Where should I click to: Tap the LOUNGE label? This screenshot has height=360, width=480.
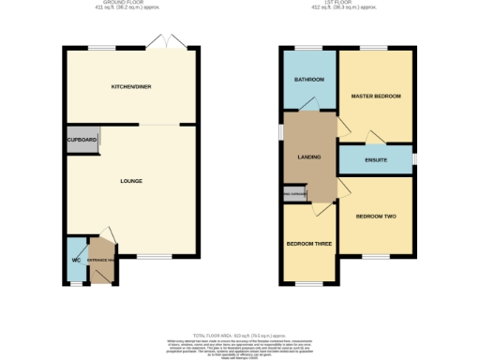pyautogui.click(x=130, y=180)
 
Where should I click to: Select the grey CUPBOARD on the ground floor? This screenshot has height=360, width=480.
pyautogui.click(x=82, y=140)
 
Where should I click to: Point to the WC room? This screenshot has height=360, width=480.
pyautogui.click(x=74, y=260)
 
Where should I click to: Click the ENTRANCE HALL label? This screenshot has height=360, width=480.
pyautogui.click(x=100, y=259)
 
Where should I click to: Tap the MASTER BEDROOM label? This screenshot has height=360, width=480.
pyautogui.click(x=375, y=97)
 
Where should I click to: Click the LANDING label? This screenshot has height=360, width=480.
pyautogui.click(x=309, y=157)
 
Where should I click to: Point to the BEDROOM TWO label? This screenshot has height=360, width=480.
pyautogui.click(x=375, y=217)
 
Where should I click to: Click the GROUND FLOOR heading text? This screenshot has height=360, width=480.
pyautogui.click(x=130, y=4)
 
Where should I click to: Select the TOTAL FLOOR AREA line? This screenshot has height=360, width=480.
pyautogui.click(x=240, y=335)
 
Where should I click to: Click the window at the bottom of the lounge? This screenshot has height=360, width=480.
pyautogui.click(x=155, y=256)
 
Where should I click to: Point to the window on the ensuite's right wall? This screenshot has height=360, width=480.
pyautogui.click(x=414, y=159)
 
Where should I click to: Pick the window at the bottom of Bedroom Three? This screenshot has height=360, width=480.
pyautogui.click(x=309, y=283)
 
